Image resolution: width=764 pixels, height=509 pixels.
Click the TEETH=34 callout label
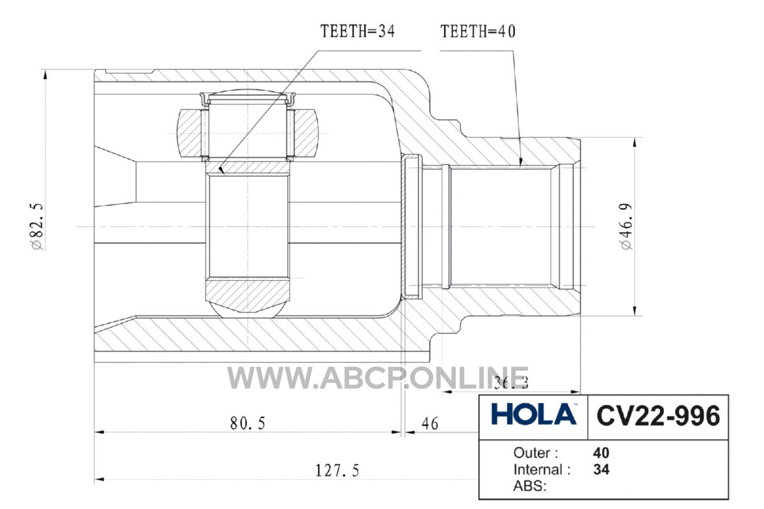point(357,31)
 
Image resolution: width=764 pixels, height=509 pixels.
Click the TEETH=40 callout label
point(478,31)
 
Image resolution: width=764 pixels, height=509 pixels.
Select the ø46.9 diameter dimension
point(627,227)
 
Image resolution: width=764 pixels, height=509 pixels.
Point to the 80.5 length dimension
point(248,424)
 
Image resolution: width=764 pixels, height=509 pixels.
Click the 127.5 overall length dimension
point(337,471)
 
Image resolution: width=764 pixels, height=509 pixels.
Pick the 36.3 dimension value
point(511,384)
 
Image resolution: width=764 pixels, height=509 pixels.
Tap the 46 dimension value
point(430,424)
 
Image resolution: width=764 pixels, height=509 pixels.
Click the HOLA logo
point(534,414)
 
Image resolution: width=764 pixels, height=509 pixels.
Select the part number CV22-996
point(658,416)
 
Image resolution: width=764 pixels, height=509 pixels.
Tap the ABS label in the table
point(530,486)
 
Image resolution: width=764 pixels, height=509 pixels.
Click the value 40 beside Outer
point(601,453)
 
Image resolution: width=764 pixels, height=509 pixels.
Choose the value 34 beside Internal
point(601,470)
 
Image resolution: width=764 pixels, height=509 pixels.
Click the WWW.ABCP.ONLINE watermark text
point(378,378)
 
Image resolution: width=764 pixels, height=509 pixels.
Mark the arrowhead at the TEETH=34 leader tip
point(222,170)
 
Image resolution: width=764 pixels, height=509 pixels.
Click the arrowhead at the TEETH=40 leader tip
point(521,162)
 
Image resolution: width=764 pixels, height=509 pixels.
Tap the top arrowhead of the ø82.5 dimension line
point(45,74)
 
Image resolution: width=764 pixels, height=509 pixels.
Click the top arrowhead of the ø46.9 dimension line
point(635,143)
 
